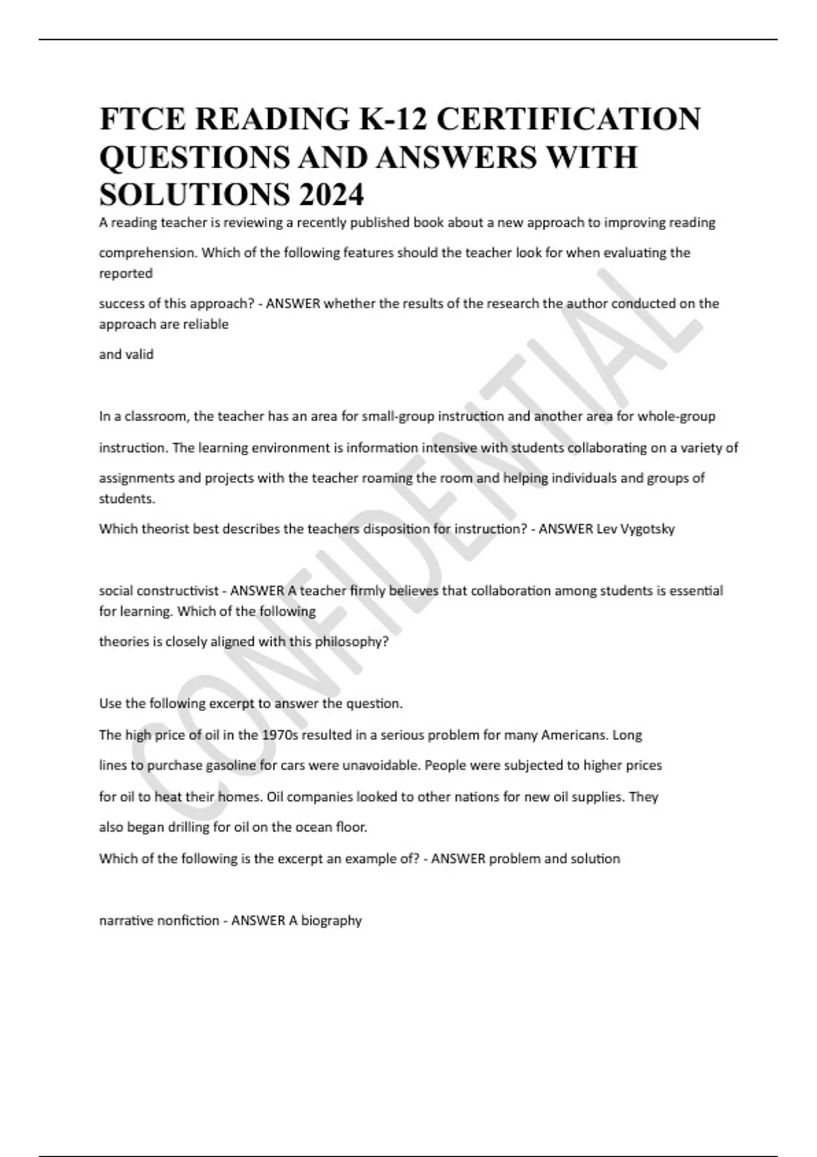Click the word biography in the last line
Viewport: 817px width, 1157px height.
332,921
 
